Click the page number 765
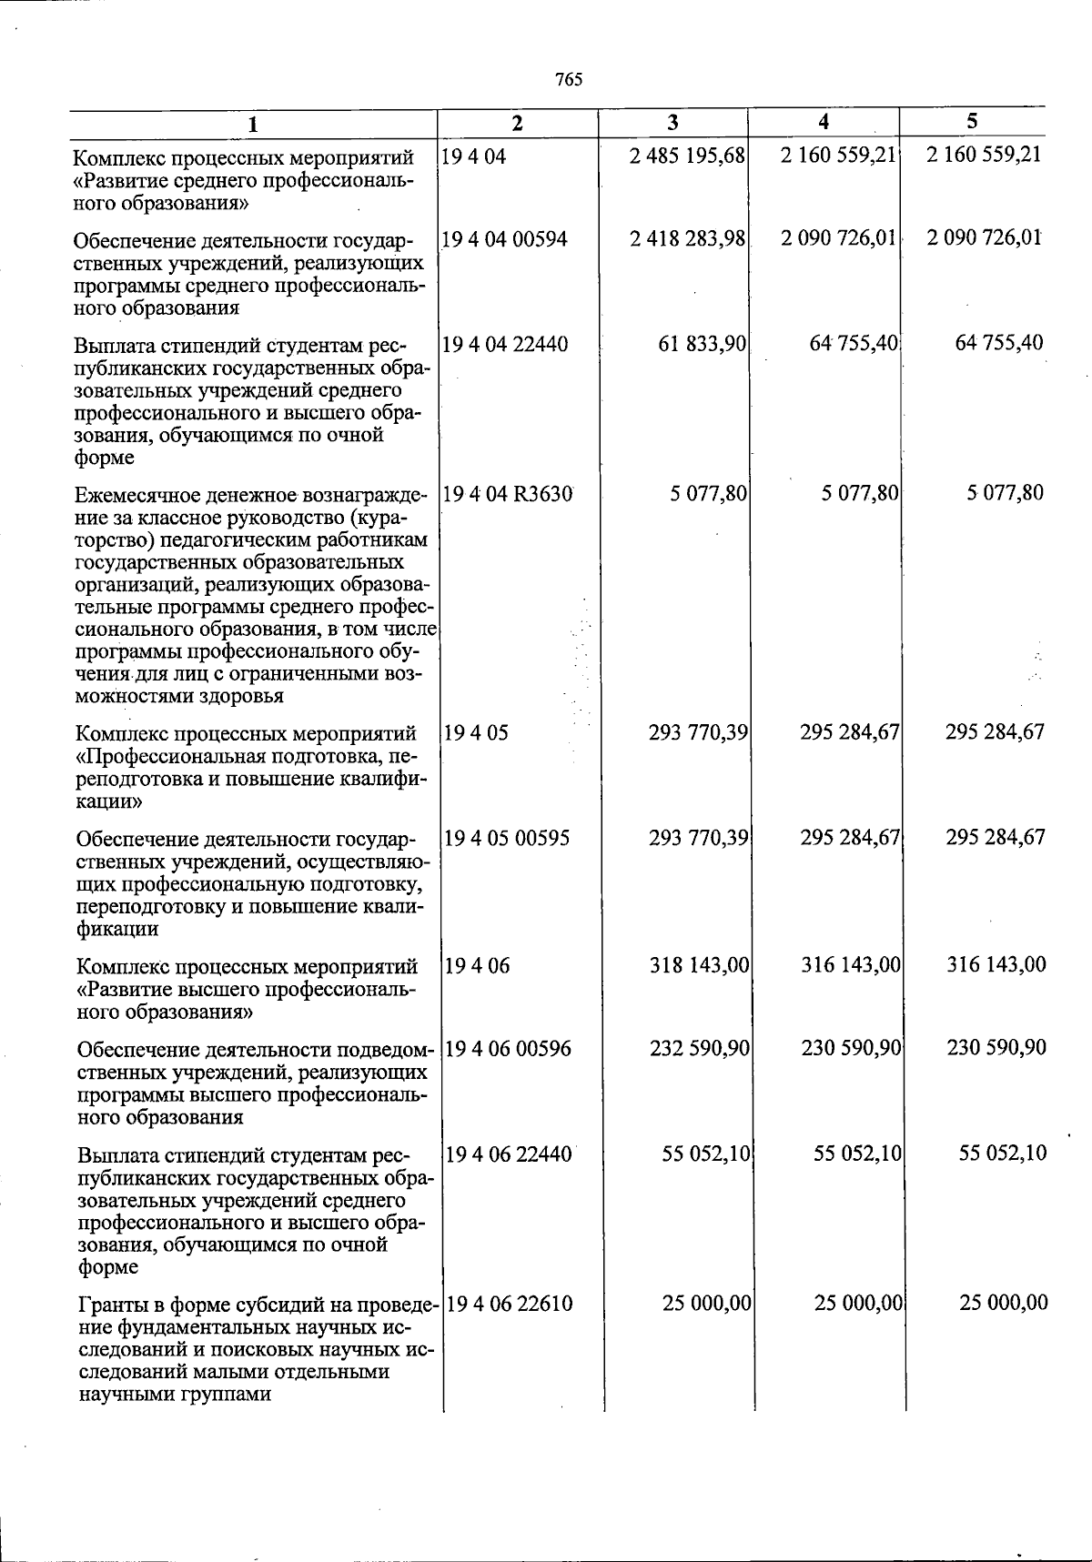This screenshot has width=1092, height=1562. pyautogui.click(x=568, y=80)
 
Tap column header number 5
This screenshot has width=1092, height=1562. pyautogui.click(x=972, y=121)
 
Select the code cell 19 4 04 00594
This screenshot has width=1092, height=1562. pyautogui.click(x=504, y=239)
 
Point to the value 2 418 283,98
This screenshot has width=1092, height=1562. pyautogui.click(x=688, y=239)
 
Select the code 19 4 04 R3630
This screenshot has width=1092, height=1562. pyautogui.click(x=508, y=493)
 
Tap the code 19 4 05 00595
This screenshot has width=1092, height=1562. pyautogui.click(x=507, y=837)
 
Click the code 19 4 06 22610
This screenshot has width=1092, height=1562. pyautogui.click(x=510, y=1304)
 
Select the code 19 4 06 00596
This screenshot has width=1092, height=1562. pyautogui.click(x=509, y=1048)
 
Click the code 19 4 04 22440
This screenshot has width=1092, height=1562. pyautogui.click(x=505, y=344)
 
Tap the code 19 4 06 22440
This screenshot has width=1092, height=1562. pyautogui.click(x=510, y=1154)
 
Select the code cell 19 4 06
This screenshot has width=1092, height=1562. pyautogui.click(x=478, y=964)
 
